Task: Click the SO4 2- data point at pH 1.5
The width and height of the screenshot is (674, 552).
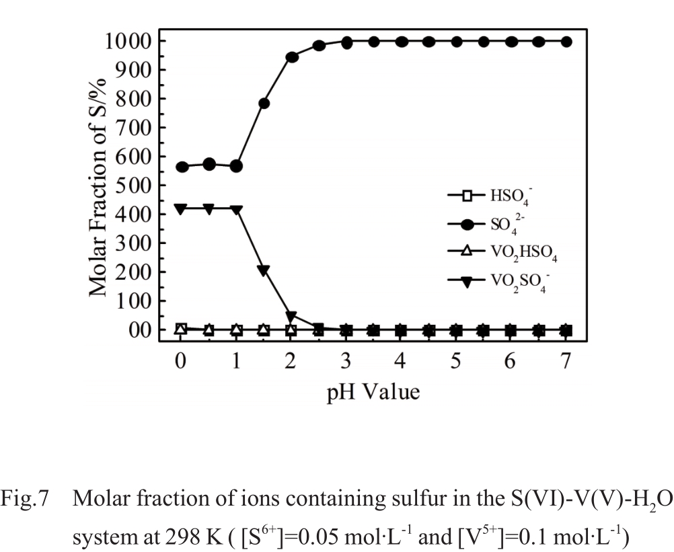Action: pos(264,104)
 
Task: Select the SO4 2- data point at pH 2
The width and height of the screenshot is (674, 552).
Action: pos(292,57)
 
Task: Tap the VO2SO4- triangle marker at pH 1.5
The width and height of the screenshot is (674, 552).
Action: pos(264,270)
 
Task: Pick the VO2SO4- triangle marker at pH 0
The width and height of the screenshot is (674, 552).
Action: pos(181,208)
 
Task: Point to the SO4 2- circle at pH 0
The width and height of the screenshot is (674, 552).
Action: pos(181,167)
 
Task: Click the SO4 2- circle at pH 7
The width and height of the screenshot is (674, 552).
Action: pos(566,42)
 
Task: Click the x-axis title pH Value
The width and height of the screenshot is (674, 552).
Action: pos(373,391)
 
